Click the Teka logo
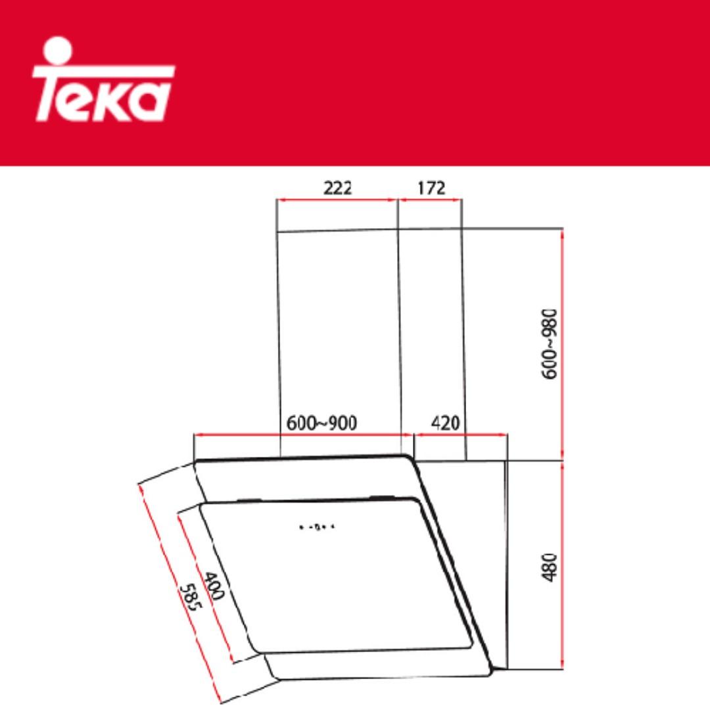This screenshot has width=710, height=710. [x=104, y=82]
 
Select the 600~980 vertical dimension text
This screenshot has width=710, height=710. [x=549, y=343]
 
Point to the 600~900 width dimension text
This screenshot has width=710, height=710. [x=321, y=423]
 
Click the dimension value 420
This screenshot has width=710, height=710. [x=445, y=422]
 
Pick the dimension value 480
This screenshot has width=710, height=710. [x=549, y=567]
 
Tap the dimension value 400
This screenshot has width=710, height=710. [x=214, y=587]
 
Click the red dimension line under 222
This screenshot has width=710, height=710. [x=337, y=199]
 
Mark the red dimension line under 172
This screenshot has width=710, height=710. [x=431, y=199]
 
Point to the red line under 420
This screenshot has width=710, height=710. [x=460, y=435]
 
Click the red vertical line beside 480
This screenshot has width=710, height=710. [x=562, y=565]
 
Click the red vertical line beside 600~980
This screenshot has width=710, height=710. [x=562, y=343]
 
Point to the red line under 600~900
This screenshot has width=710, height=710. [x=302, y=435]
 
